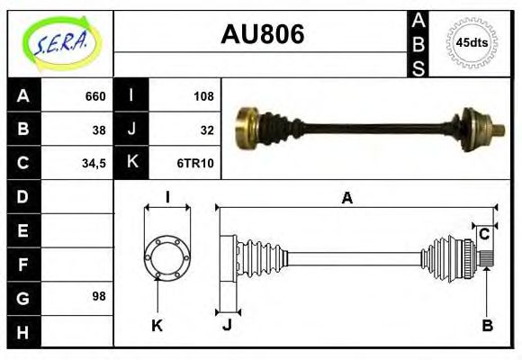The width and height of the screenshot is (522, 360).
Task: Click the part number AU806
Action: pyautogui.click(x=262, y=34)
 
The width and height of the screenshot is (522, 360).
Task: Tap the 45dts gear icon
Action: pyautogui.click(x=472, y=42)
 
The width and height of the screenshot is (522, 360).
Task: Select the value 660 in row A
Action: pyautogui.click(x=94, y=96)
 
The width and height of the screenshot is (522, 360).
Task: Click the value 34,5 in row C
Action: pyautogui.click(x=94, y=164)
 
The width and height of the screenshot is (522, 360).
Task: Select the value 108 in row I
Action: pyautogui.click(x=203, y=96)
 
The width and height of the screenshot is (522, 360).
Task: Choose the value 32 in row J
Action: pyautogui.click(x=207, y=130)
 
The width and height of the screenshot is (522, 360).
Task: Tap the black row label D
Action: pyautogui.click(x=23, y=196)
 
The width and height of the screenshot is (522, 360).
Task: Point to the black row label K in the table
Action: pyautogui.click(x=132, y=163)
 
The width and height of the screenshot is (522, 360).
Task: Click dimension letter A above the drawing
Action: pyautogui.click(x=346, y=198)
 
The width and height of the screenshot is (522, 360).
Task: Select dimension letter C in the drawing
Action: pyautogui.click(x=484, y=235)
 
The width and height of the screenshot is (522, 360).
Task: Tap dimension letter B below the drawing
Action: pyautogui.click(x=487, y=326)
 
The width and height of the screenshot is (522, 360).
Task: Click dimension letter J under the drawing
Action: pyautogui.click(x=227, y=326)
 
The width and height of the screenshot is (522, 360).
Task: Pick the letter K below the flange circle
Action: pyautogui.click(x=157, y=326)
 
